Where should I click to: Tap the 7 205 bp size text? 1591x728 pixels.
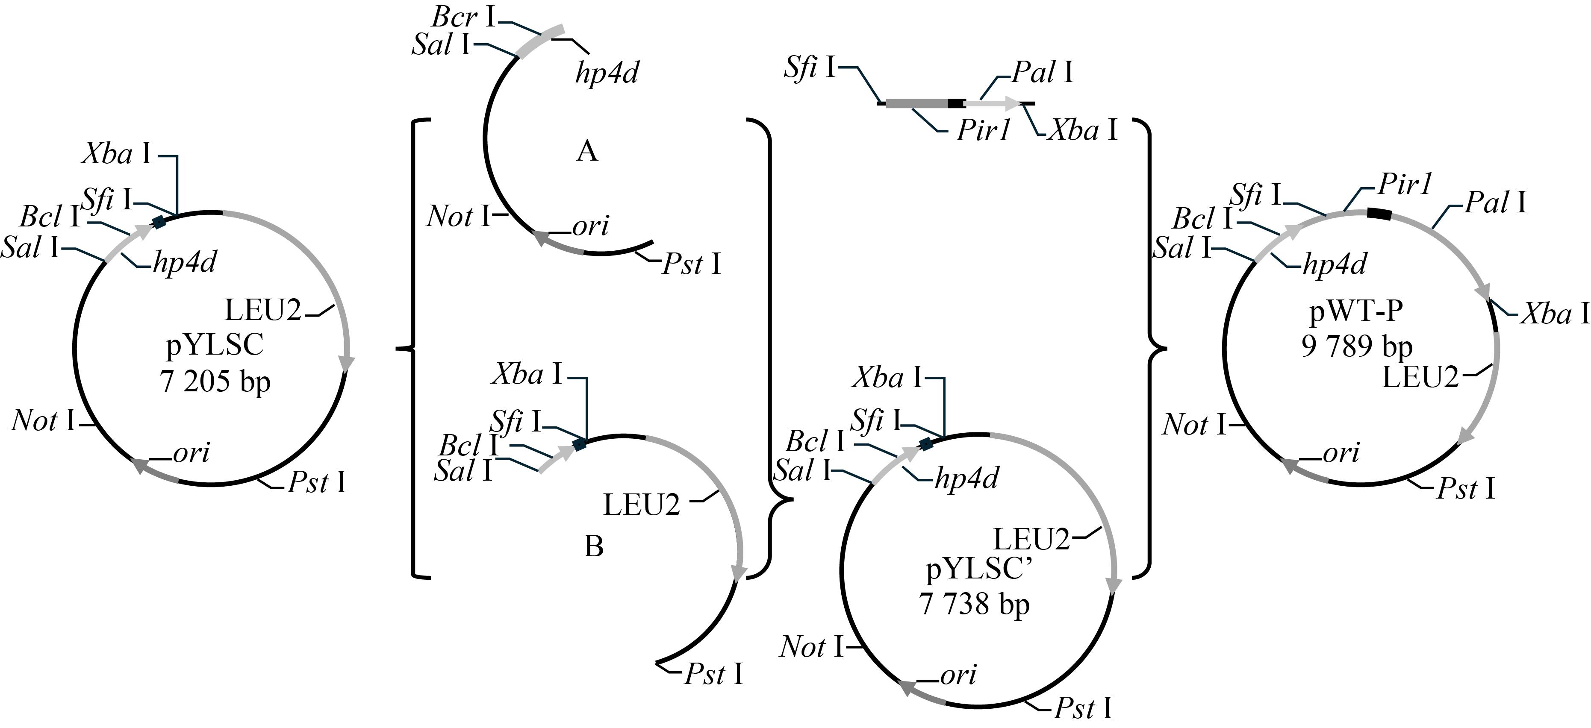215,382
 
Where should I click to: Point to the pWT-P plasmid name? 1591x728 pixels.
1357,312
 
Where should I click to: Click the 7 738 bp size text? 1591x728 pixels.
975,603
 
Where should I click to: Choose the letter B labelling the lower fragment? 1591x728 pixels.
594,546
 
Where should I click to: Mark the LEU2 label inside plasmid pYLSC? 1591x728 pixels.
262,310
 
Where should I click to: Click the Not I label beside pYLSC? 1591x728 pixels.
43,421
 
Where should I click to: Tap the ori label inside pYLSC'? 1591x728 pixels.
958,675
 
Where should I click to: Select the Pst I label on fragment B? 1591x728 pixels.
713,675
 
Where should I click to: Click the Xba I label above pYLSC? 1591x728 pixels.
116,153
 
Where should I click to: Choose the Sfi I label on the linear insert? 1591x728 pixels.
810,67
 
